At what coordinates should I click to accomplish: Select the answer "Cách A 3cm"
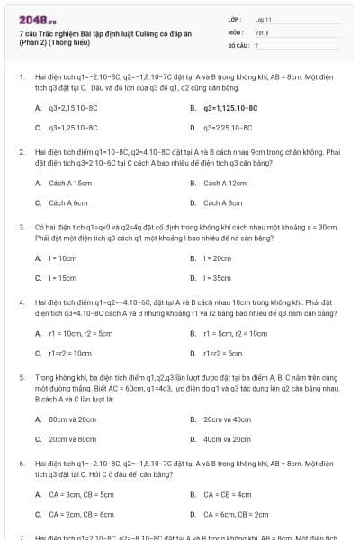click(222, 203)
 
